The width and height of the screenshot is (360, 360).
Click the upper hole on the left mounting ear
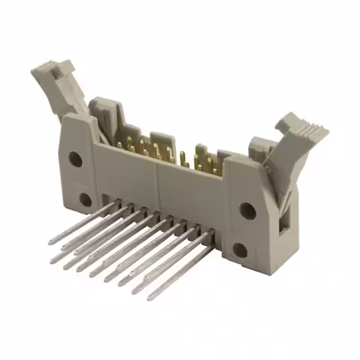click(75, 159)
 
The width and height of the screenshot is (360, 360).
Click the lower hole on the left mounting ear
click(85, 199)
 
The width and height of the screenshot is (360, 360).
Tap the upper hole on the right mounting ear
click(247, 210)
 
